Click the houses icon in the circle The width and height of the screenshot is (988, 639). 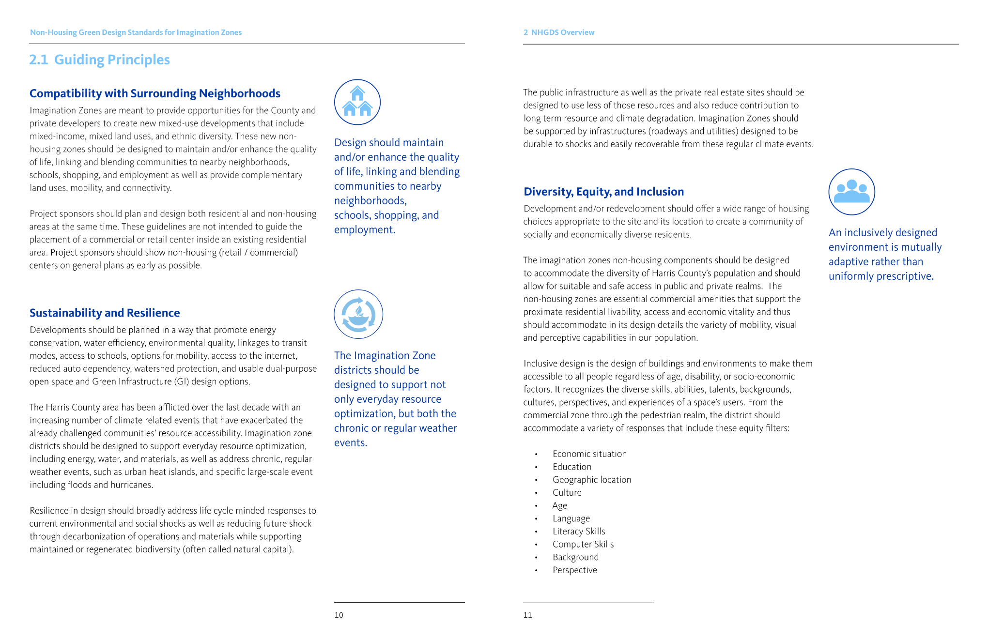[x=357, y=102]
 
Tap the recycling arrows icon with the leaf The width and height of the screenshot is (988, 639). [x=358, y=314]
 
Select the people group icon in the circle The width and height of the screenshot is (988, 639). [x=851, y=192]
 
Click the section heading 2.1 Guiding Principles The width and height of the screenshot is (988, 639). [x=99, y=60]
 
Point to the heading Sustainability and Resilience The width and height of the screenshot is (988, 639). [x=105, y=313]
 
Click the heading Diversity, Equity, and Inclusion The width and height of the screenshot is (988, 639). [x=603, y=192]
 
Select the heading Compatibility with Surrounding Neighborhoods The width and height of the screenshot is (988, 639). [x=155, y=93]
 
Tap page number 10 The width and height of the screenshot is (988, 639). [x=339, y=615]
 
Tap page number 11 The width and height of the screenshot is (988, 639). [x=527, y=615]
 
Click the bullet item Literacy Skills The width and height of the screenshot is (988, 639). [x=579, y=531]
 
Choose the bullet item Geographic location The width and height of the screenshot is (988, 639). [x=592, y=479]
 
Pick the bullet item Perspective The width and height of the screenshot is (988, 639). [x=575, y=570]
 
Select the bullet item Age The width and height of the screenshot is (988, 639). [x=560, y=505]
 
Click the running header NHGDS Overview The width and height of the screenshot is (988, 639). [x=562, y=32]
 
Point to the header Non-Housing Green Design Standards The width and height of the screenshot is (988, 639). [x=136, y=32]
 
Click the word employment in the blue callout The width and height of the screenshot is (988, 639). [x=364, y=229]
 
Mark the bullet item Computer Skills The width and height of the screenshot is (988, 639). [x=583, y=544]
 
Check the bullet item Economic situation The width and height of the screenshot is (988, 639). [x=589, y=454]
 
